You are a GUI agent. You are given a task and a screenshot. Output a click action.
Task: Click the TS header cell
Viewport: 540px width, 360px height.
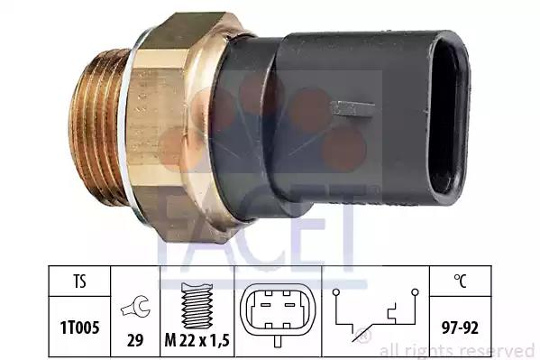point(79,282)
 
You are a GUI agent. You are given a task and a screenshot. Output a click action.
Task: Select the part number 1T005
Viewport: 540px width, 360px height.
point(80,328)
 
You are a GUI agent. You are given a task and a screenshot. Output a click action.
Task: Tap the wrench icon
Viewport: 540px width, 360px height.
point(135,307)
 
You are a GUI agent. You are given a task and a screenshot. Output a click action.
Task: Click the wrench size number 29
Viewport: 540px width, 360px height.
point(135,340)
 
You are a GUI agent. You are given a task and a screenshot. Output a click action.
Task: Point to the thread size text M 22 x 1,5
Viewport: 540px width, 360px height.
point(197,340)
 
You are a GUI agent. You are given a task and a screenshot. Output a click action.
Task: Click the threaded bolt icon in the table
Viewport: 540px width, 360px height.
point(197,306)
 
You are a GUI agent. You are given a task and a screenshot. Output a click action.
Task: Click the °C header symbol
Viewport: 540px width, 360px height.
point(460,281)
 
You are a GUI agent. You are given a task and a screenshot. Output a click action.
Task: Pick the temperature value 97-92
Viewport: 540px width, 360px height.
point(460,328)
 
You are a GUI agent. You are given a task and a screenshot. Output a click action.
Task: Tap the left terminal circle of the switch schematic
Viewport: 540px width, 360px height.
point(336,292)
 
